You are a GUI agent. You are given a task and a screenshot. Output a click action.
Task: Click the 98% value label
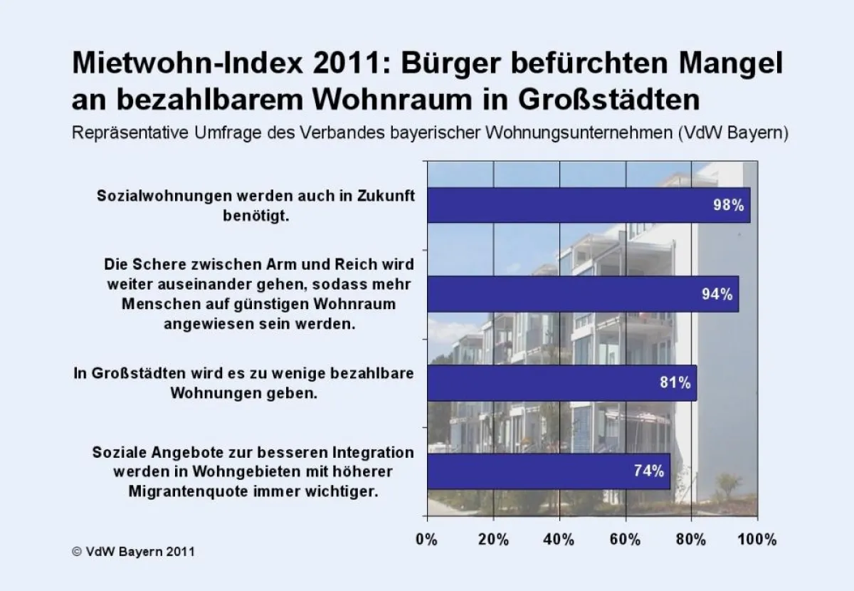(x=728, y=206)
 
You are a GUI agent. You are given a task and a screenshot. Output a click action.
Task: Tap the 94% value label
(x=717, y=294)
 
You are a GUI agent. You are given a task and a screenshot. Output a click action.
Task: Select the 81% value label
(x=675, y=382)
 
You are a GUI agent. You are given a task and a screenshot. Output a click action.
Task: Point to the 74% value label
(x=648, y=471)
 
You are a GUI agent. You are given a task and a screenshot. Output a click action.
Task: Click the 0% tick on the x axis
(x=427, y=539)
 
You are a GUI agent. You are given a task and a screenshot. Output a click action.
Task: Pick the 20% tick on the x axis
(x=492, y=539)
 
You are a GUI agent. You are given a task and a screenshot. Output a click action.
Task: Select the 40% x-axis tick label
(x=559, y=539)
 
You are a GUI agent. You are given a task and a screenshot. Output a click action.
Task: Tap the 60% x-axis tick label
(x=626, y=539)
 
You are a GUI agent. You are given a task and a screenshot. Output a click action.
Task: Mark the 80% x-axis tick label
(x=691, y=539)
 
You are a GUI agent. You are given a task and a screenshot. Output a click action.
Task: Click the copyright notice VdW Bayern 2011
(x=133, y=552)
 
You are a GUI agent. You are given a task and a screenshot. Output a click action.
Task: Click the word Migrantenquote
(x=197, y=491)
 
